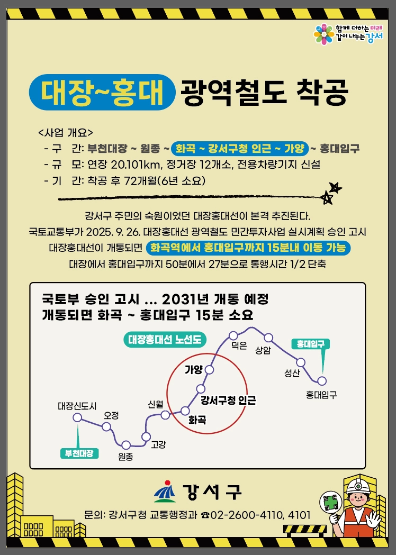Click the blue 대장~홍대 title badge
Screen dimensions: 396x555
102,92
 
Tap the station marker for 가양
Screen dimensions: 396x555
209,370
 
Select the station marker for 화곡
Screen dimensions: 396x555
185,411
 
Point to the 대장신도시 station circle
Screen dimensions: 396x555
77,417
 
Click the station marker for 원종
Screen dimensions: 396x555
126,445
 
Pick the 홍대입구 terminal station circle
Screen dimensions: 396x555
321,381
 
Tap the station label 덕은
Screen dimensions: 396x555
239,345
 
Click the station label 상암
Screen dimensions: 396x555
263,350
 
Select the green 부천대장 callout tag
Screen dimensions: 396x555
79,453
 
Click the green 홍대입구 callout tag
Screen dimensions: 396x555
310,344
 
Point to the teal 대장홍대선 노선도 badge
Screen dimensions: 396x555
165,340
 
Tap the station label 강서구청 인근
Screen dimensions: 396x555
228,401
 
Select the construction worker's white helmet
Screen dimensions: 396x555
358,486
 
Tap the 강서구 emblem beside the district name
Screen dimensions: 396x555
165,492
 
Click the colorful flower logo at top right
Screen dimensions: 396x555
324,34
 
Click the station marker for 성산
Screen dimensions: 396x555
301,362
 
